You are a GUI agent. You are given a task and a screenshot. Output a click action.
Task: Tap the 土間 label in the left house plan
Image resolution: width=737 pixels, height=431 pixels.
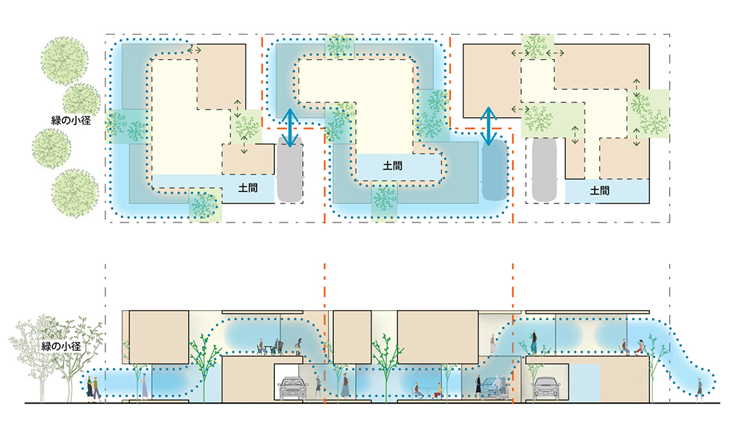coord(248,189)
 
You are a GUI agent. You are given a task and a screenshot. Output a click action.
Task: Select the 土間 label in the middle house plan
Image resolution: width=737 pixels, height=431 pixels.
coord(393,167)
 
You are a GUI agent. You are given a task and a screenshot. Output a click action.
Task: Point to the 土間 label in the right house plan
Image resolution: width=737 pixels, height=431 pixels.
coord(600,190)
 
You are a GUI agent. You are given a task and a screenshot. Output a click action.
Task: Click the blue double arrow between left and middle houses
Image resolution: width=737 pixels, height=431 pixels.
coord(291,127)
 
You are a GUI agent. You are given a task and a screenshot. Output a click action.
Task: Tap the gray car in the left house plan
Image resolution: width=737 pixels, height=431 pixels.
coord(290,172)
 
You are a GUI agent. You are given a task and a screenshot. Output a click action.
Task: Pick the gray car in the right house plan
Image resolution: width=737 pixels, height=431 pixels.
coord(543,169)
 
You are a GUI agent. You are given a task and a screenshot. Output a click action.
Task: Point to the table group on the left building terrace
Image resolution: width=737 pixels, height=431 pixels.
coord(270,345)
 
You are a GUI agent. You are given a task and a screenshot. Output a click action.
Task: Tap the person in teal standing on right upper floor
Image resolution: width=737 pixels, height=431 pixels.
coord(533,340)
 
